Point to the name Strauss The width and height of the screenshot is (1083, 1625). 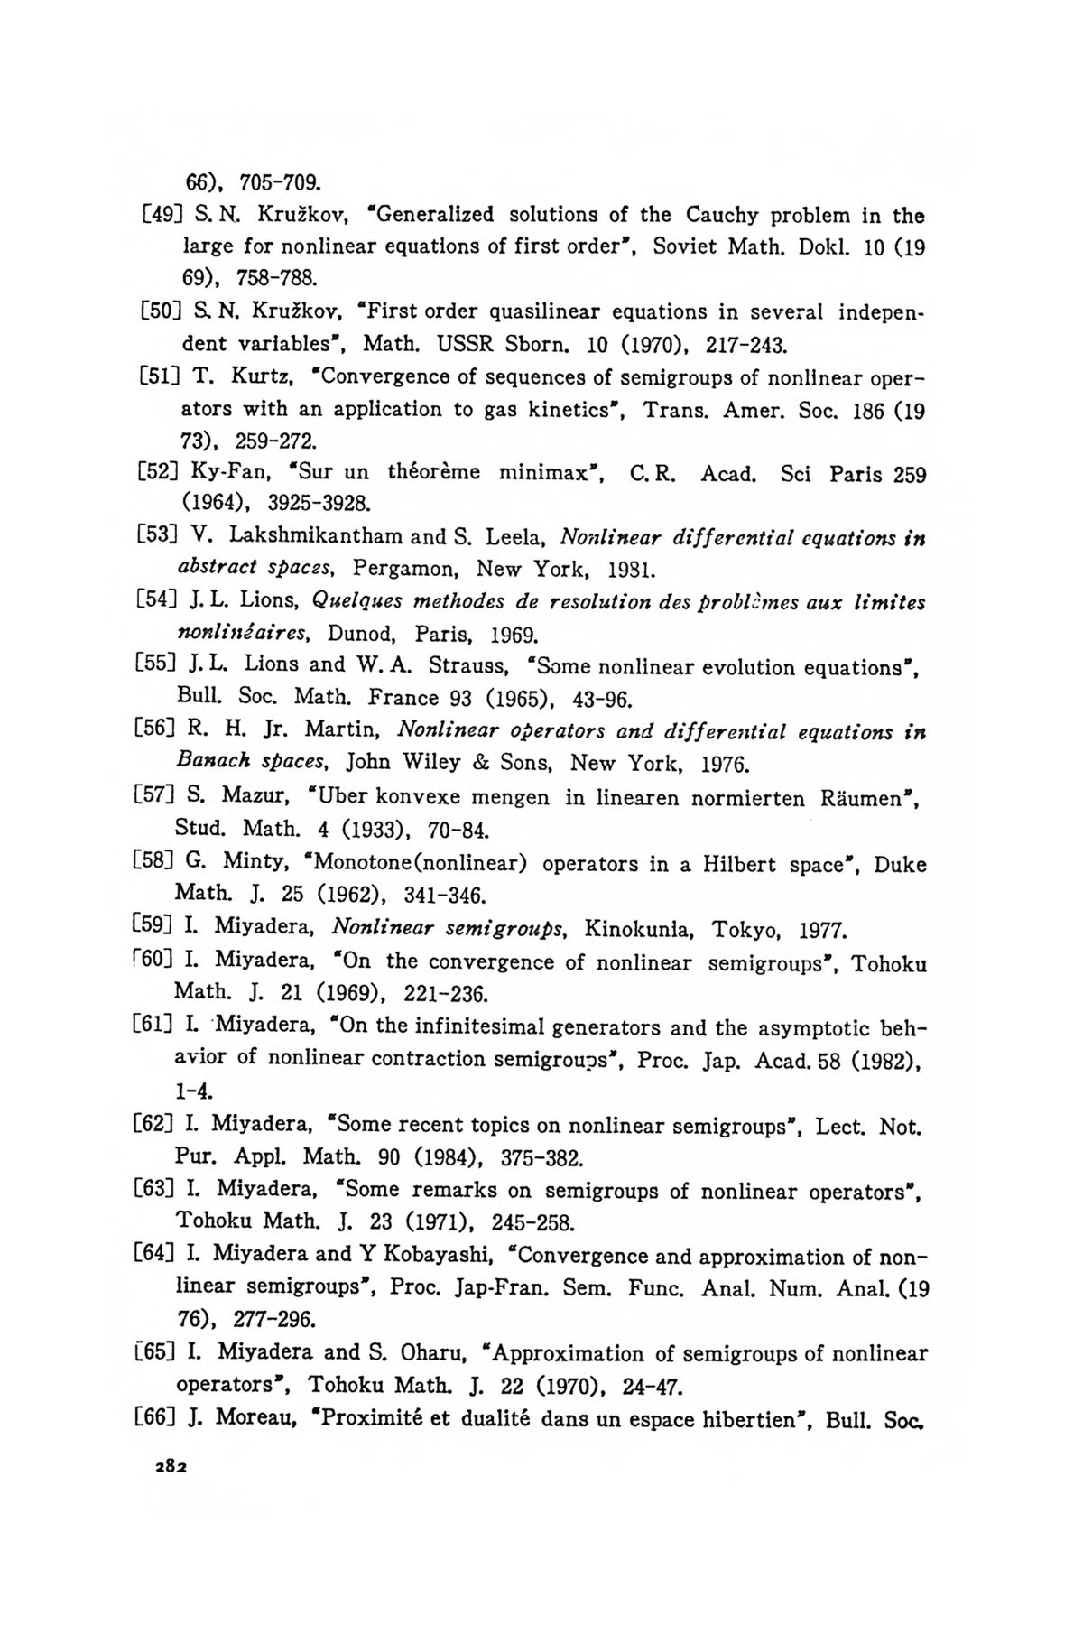point(467,666)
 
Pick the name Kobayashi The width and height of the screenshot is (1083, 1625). point(435,1256)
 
